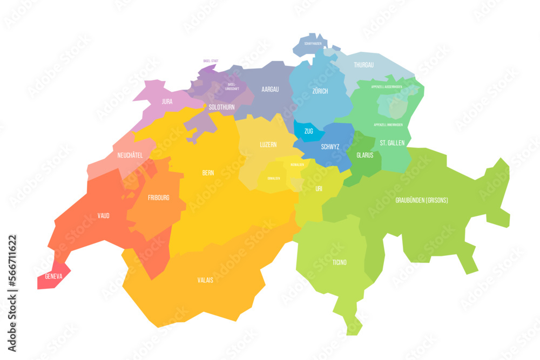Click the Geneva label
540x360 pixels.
53,276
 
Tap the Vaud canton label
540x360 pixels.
104,215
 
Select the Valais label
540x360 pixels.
205,280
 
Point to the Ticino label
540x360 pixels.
340,262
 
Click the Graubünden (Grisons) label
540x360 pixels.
422,200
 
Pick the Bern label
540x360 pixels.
208,173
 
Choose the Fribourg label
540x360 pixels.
158,198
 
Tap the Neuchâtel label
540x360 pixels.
130,155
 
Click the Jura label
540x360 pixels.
167,101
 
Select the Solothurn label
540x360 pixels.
221,107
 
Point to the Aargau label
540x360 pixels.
270,89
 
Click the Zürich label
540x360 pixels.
320,91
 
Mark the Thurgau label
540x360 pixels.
363,65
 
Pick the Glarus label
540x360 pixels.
365,154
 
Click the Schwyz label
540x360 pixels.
330,146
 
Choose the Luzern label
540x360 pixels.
268,145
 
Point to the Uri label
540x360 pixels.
319,188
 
